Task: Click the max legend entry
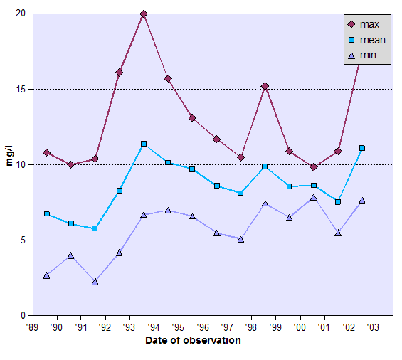[x=366, y=25]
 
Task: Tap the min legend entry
[x=366, y=55]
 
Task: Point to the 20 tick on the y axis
[x=20, y=14]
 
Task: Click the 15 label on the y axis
[x=20, y=89]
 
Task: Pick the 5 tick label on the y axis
[x=23, y=240]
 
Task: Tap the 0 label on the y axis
[x=23, y=315]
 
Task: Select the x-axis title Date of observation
[x=193, y=340]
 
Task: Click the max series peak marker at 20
[x=144, y=14]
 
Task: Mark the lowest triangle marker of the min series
[x=95, y=282]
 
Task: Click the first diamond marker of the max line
[x=46, y=152]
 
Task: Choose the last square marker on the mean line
[x=362, y=148]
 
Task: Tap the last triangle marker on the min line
[x=362, y=201]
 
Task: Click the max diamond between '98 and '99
[x=265, y=86]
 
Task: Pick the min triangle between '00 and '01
[x=314, y=197]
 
